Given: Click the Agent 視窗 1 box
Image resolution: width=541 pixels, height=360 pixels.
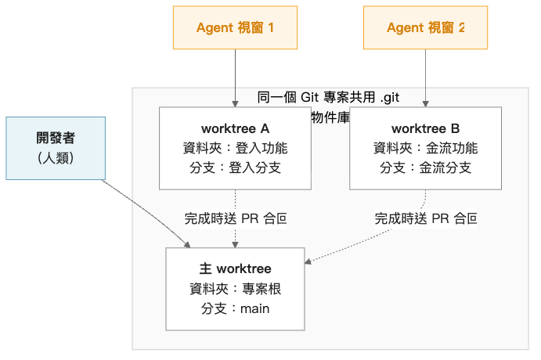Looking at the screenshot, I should click(x=235, y=27).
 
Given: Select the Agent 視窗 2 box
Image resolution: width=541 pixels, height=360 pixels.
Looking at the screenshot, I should click(x=425, y=27).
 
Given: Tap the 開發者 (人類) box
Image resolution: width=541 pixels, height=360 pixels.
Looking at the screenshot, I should click(x=54, y=147).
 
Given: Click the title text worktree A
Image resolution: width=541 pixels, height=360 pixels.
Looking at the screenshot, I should click(x=235, y=128).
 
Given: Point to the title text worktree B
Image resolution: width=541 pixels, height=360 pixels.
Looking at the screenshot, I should click(x=425, y=128).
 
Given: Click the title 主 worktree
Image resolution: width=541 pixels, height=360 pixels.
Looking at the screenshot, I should click(x=235, y=269).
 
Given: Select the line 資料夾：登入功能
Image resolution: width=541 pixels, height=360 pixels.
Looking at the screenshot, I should click(x=235, y=148).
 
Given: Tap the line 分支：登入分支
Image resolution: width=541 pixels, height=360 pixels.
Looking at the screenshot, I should click(x=235, y=167).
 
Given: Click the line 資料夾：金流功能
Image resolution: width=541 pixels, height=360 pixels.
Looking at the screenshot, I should click(x=425, y=148).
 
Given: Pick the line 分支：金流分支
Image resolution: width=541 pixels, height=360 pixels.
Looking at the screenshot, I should click(x=425, y=167).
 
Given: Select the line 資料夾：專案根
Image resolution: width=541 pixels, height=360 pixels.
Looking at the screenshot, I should click(x=235, y=289).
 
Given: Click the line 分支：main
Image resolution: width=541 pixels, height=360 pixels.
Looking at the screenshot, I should click(x=235, y=308).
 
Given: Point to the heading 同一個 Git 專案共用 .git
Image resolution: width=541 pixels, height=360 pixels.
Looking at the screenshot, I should click(x=329, y=97).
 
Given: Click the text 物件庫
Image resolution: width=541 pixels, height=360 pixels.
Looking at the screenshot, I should click(x=330, y=117).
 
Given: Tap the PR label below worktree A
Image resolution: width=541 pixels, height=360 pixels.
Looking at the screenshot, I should click(x=235, y=218).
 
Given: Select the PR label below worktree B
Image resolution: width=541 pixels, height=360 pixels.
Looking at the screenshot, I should click(x=425, y=218).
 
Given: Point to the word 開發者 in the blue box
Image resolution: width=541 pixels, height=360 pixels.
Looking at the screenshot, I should click(x=54, y=139).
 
